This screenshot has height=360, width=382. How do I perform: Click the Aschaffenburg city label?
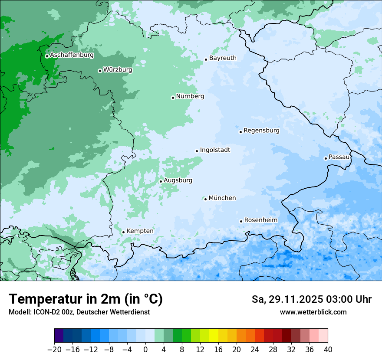(x=72, y=55)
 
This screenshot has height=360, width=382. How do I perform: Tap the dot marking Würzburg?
(x=100, y=71)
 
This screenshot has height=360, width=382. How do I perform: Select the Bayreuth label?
(x=223, y=58)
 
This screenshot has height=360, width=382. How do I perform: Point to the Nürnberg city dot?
(x=173, y=98)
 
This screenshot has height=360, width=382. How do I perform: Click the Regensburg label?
(x=261, y=131)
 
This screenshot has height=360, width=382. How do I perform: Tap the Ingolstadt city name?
(x=215, y=150)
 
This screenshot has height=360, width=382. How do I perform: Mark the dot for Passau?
(x=326, y=158)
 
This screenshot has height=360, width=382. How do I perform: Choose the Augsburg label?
(x=178, y=180)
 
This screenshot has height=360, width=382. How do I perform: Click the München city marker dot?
(x=205, y=199)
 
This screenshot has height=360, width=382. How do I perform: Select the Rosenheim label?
(x=260, y=220)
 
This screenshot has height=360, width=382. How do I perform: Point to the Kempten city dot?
(x=123, y=232)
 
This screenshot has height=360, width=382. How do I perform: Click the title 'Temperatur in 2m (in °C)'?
(x=86, y=299)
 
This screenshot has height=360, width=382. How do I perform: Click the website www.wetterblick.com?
(x=313, y=312)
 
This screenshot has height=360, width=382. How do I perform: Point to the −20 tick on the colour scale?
(x=54, y=349)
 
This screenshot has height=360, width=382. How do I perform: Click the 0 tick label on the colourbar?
(x=145, y=349)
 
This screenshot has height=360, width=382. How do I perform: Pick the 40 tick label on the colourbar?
(x=328, y=349)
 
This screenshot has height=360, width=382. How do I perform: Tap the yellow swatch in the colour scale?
(x=214, y=336)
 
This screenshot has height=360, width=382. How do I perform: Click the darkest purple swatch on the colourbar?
(x=59, y=336)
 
